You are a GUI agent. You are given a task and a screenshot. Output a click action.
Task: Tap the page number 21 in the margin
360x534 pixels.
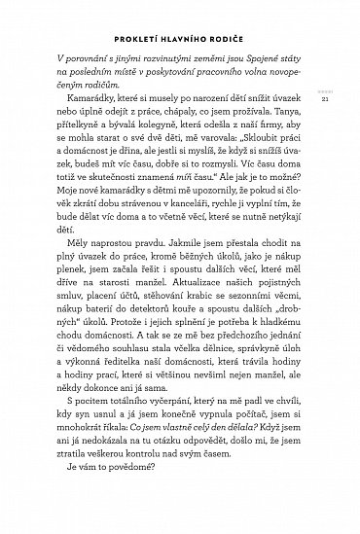pos(335,123)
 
